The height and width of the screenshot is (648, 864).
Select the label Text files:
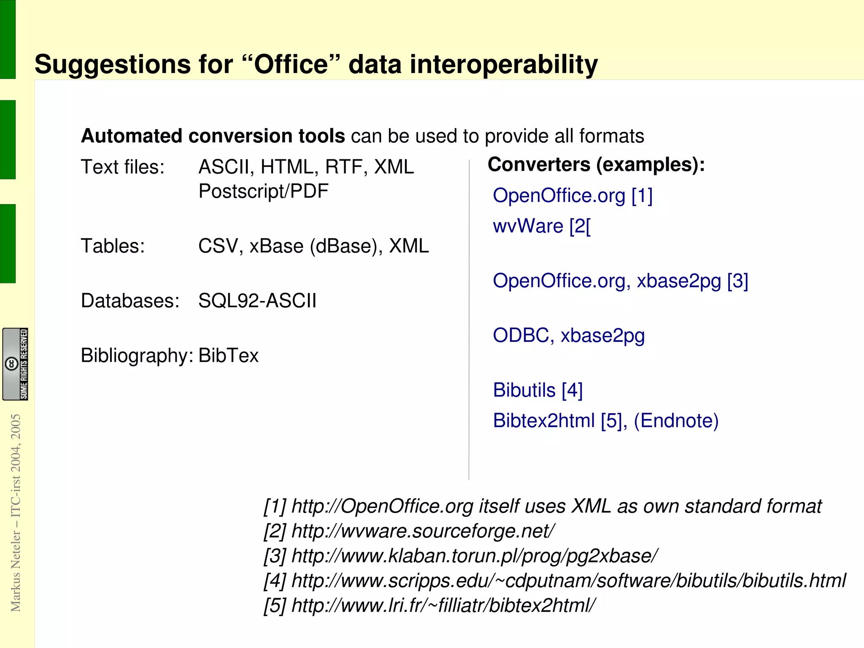coord(122,167)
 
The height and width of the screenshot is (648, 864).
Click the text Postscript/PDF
coord(263,191)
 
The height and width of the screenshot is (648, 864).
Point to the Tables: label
coord(113,246)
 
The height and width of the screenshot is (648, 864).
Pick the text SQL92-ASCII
coord(257,301)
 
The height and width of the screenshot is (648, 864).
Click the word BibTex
coord(228,355)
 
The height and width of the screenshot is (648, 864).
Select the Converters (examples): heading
coord(596,164)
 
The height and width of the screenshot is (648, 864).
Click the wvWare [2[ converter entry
coord(542,226)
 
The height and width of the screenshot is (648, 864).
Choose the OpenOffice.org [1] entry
coord(572,196)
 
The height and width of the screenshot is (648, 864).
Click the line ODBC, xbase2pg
coord(569,336)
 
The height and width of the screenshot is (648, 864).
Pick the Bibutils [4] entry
coord(538,390)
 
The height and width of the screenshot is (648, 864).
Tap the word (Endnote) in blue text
coord(676,421)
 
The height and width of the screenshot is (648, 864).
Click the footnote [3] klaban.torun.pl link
coord(474,556)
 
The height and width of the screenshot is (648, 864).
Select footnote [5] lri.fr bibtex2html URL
coord(443,606)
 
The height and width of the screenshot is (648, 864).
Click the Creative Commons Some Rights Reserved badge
coord(15,364)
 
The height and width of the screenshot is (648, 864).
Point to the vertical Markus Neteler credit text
coord(16,512)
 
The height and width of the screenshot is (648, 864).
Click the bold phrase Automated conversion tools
coord(213,136)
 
